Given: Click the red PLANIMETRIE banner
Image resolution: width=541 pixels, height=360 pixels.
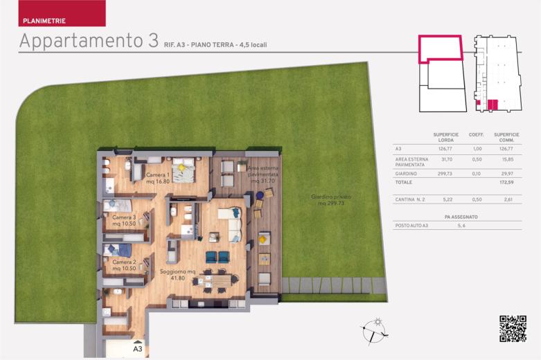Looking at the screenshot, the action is click(62, 13).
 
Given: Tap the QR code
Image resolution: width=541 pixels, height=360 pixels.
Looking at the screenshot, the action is click(513, 329).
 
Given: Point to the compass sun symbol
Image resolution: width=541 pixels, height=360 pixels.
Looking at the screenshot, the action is click(378, 322).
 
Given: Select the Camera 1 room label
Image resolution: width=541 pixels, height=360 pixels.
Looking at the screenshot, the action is click(158, 178).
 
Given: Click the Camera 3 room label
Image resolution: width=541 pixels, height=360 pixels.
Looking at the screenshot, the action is click(124, 221).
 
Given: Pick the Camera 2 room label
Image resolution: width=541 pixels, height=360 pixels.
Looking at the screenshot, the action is click(124, 265).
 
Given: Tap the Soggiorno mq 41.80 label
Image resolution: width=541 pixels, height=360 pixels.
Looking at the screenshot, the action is click(178, 274).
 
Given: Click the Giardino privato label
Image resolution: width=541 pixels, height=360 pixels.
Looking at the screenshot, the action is click(331, 199).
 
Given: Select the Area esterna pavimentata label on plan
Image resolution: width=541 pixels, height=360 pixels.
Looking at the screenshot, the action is click(263, 174).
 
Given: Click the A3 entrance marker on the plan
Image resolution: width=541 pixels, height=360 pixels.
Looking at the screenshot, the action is click(138, 348).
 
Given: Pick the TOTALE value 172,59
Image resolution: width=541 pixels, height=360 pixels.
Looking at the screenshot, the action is click(506, 182).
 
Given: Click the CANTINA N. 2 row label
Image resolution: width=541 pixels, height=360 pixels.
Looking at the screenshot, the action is click(410, 199).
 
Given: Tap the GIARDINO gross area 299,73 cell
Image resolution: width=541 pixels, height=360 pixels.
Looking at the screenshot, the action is click(445, 174).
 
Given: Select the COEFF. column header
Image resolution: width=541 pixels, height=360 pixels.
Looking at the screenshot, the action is click(476, 134).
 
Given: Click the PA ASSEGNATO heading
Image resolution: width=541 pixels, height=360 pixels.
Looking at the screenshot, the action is click(461, 217).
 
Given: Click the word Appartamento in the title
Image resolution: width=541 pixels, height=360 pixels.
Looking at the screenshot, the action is click(81, 41).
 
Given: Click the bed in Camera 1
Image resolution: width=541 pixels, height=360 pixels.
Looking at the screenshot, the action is click(184, 170).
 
